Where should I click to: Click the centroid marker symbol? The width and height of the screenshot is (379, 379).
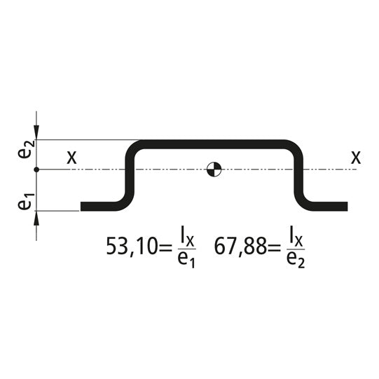214,169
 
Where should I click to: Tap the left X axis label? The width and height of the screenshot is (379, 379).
71,157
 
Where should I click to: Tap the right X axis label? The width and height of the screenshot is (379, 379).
356,157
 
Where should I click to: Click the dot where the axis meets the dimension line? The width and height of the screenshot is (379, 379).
36,169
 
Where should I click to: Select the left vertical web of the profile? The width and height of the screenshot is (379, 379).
129,175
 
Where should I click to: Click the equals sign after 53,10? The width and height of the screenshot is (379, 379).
166,248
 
